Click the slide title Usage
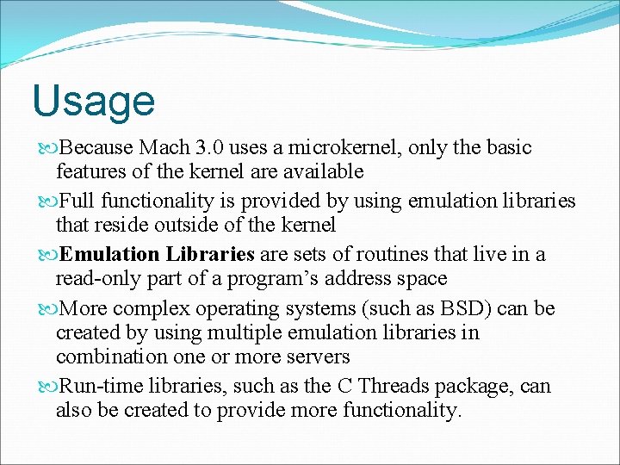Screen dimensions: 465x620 [93, 101]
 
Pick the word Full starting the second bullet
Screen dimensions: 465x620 [80, 201]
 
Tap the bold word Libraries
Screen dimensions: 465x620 [210, 255]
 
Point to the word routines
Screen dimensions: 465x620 [381, 255]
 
